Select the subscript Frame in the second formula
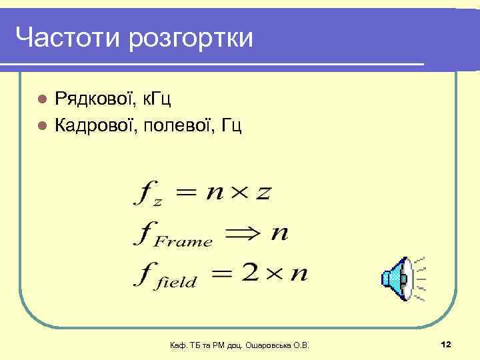pos(183,241)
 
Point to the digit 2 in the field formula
pos(251,274)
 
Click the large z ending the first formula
pos(264,193)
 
